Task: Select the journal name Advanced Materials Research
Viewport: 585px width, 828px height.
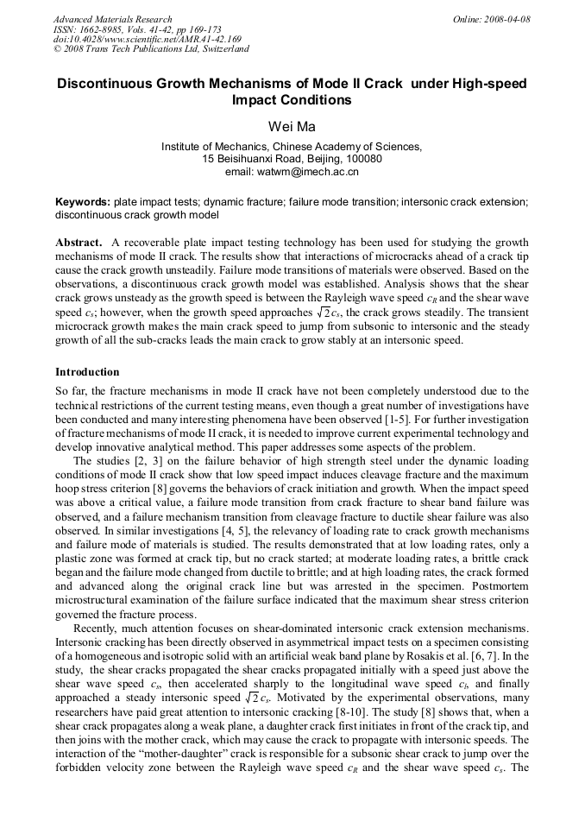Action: tap(112, 19)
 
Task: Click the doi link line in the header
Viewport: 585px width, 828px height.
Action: tap(147, 39)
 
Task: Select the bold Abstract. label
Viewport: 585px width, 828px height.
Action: tap(79, 243)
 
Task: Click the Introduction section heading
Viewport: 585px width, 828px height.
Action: tap(87, 372)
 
